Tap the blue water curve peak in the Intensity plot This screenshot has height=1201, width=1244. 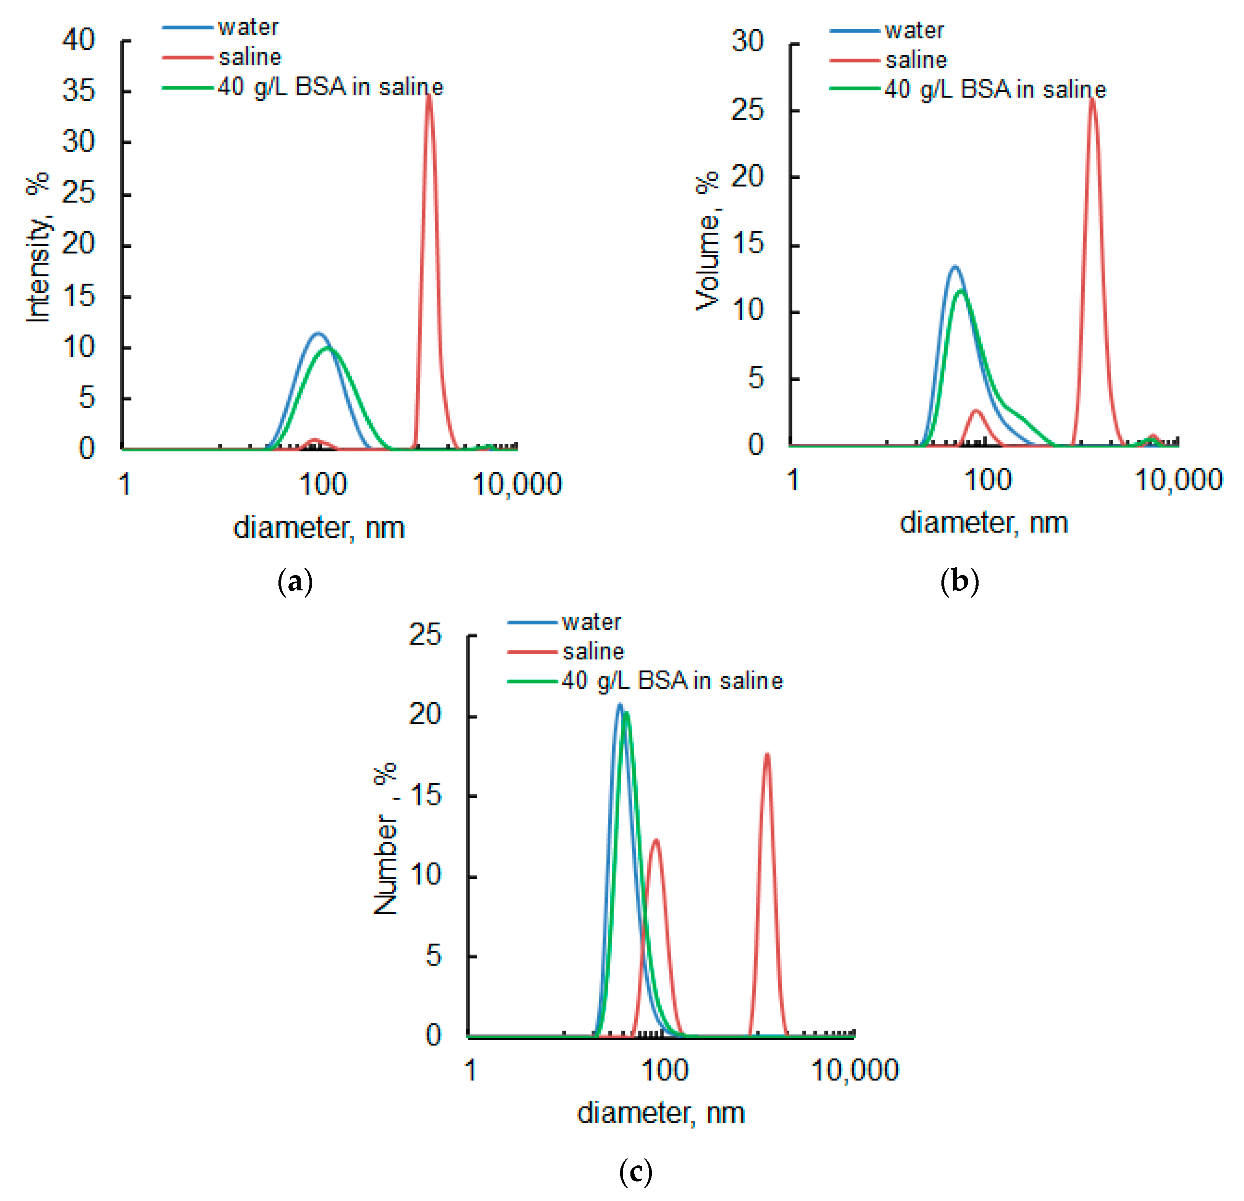coord(318,334)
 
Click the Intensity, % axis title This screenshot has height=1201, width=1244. coord(38,247)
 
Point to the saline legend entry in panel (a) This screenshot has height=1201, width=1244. coord(249,57)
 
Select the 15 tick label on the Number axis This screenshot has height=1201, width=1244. coord(425,796)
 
